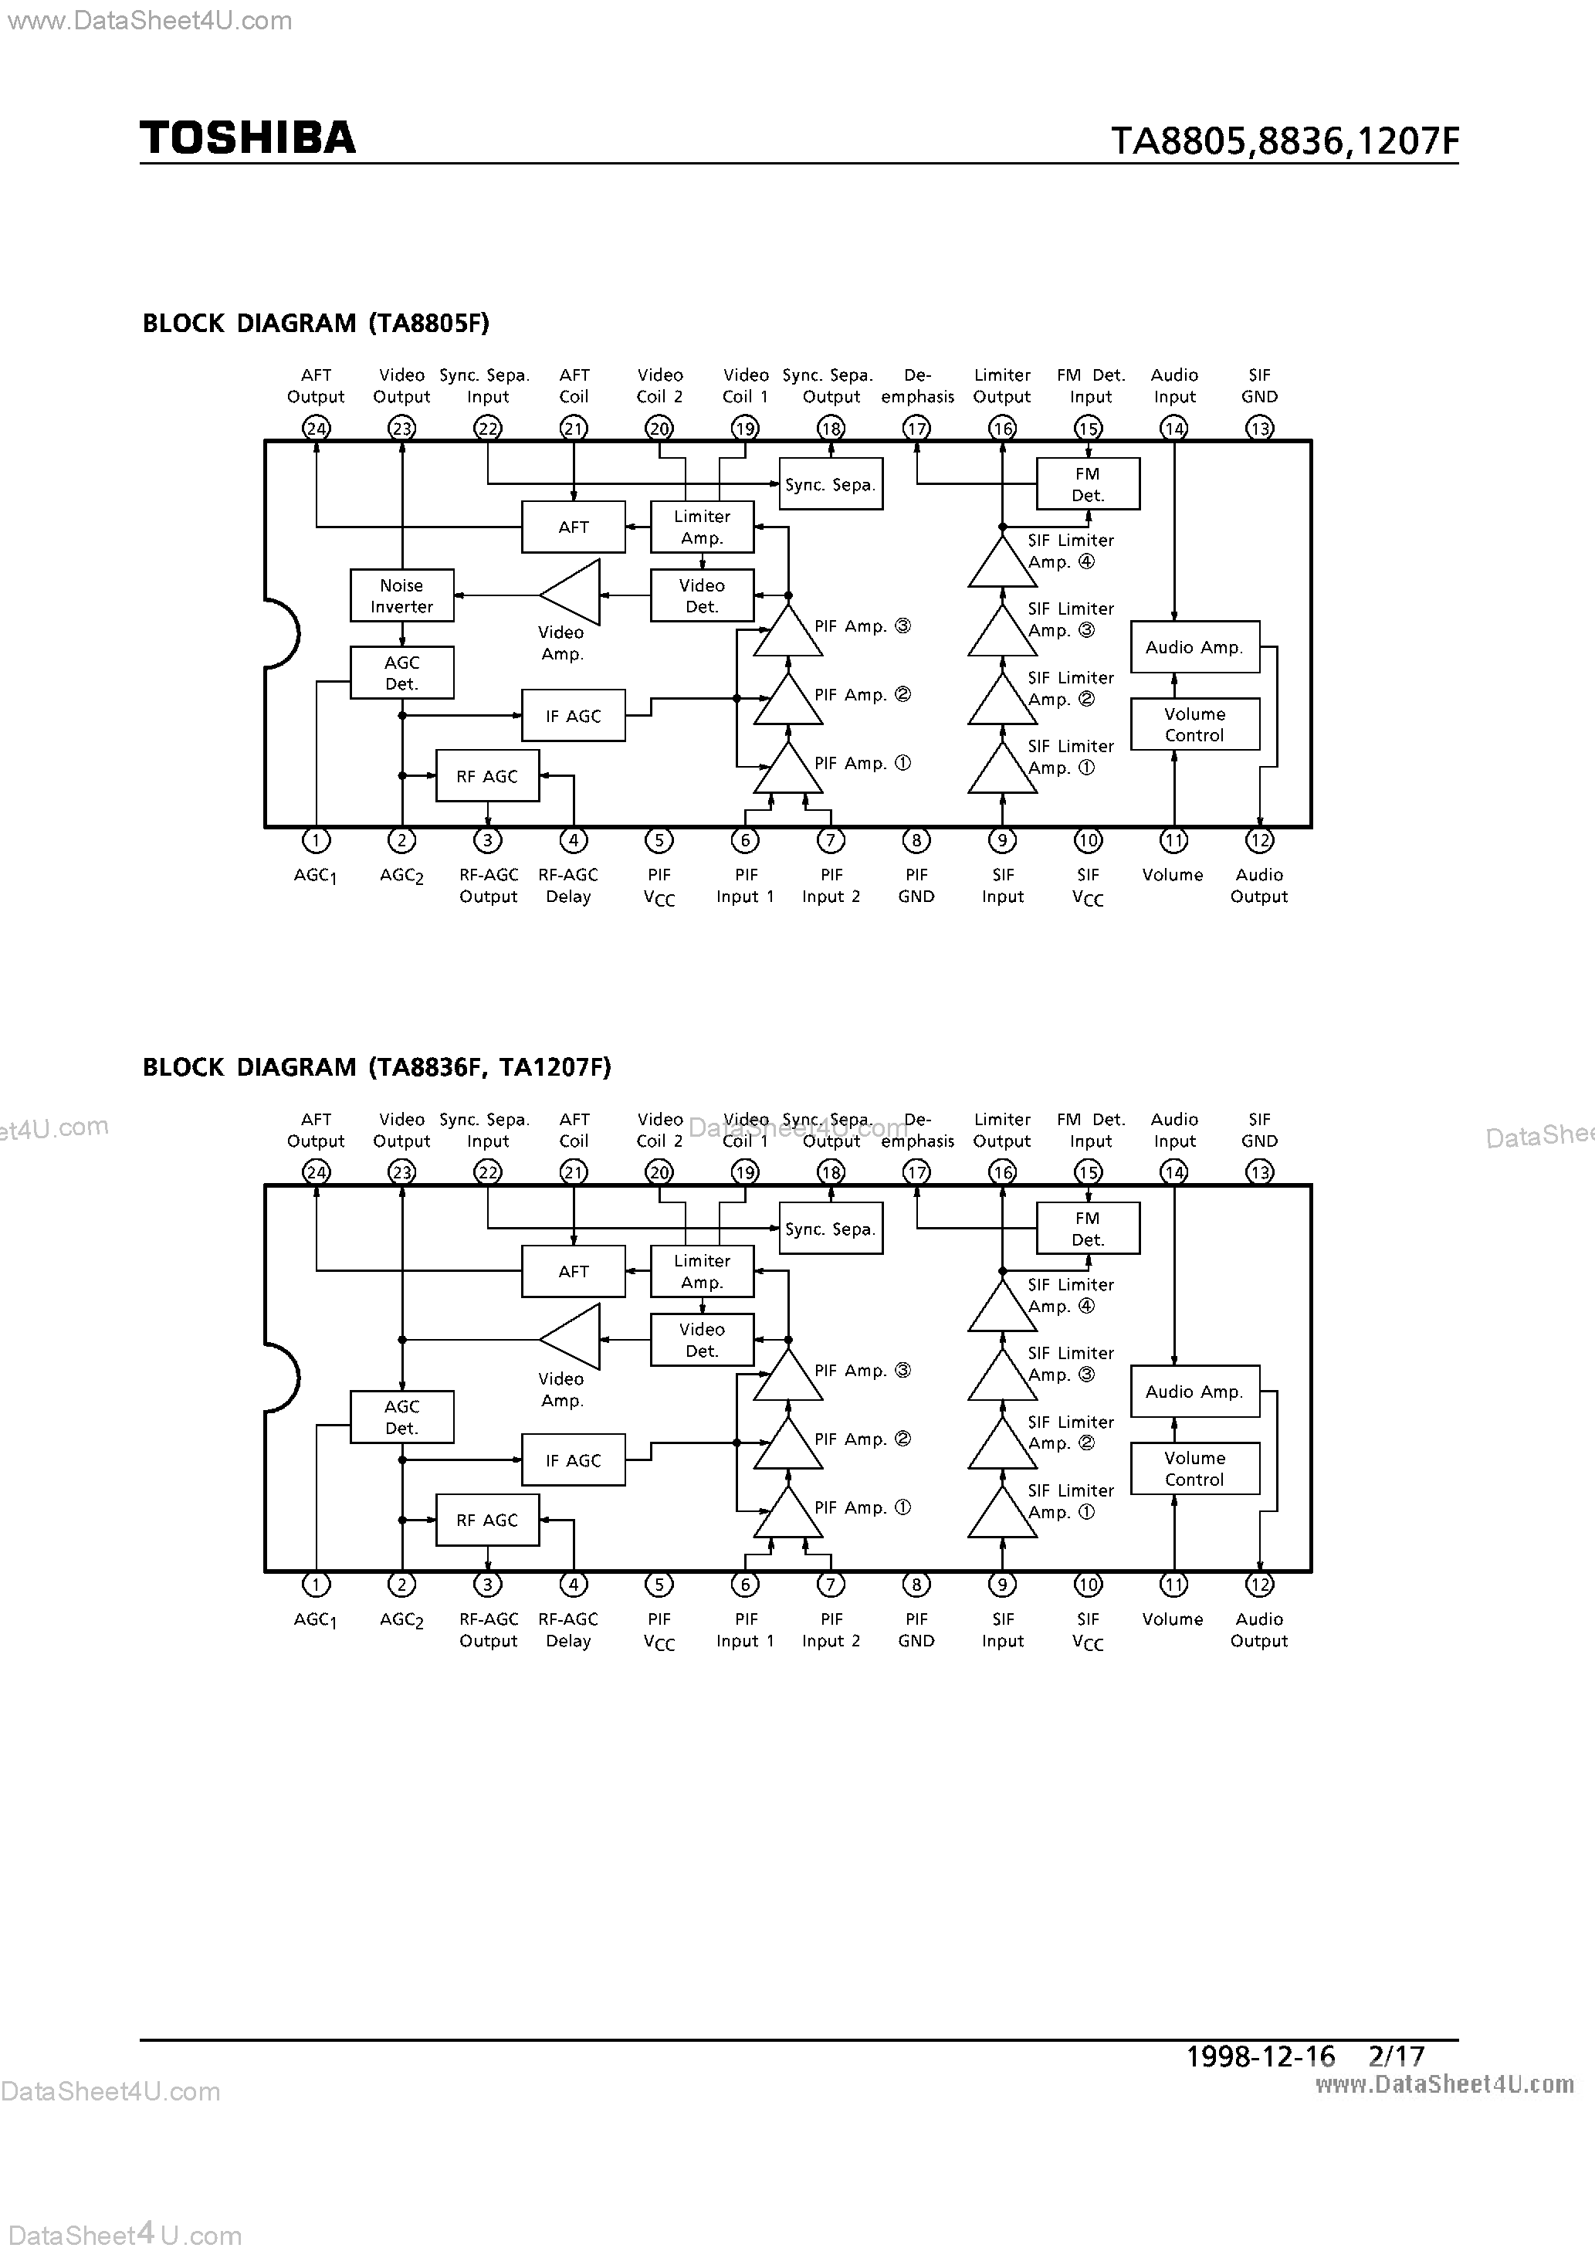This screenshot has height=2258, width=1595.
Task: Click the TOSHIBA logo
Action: click(x=248, y=137)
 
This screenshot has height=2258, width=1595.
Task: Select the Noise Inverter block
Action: click(x=401, y=596)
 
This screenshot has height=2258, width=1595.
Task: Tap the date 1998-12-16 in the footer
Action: click(x=1260, y=2056)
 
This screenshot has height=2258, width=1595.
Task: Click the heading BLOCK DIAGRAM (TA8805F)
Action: click(x=316, y=324)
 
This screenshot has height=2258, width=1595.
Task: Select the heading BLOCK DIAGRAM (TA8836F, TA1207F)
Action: click(x=377, y=1067)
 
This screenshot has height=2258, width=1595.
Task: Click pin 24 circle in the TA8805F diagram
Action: click(x=316, y=428)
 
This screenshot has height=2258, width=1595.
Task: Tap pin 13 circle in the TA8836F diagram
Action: click(x=1260, y=1172)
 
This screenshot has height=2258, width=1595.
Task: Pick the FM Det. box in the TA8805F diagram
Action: click(x=1088, y=484)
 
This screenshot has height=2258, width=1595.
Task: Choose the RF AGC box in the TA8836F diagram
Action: click(x=486, y=1520)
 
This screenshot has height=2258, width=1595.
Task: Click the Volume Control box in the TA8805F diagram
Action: click(x=1195, y=725)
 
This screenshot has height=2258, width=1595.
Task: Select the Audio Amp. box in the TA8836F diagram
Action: click(x=1195, y=1392)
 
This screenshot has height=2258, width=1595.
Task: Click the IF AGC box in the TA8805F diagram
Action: click(x=574, y=716)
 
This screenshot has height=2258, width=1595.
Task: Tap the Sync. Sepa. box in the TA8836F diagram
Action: click(x=831, y=1229)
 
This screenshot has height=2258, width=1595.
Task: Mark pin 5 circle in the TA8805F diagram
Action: click(x=659, y=841)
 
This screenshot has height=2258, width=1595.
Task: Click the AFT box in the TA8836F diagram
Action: click(x=574, y=1272)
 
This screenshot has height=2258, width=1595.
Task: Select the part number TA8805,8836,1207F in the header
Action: click(x=1284, y=141)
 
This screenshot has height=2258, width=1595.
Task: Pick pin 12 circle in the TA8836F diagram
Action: click(x=1260, y=1585)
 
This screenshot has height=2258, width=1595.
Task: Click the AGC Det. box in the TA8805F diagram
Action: click(x=401, y=673)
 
